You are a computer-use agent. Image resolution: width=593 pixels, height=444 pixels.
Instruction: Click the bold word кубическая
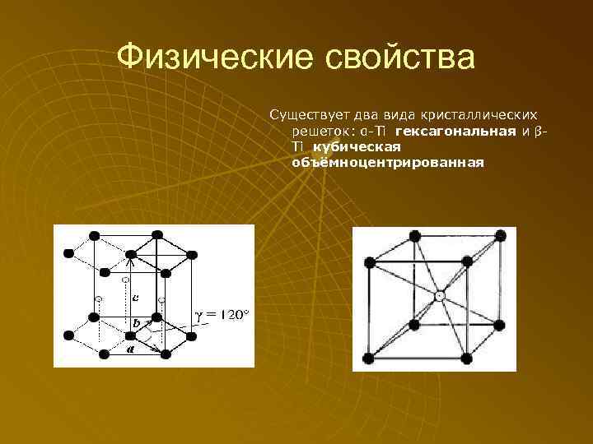[x=356, y=146]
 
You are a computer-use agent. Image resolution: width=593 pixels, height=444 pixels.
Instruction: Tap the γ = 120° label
[x=222, y=317]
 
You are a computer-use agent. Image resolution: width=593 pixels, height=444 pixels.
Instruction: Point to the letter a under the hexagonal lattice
[x=130, y=349]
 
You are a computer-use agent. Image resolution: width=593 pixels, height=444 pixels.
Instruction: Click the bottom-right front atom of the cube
[x=467, y=358]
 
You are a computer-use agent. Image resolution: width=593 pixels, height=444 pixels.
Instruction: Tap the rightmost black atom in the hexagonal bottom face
[x=197, y=335]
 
